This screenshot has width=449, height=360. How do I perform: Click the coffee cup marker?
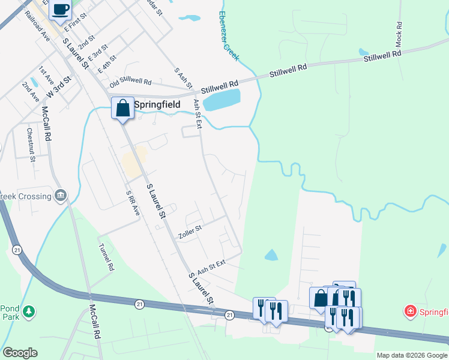pyautogui.click(x=61, y=10)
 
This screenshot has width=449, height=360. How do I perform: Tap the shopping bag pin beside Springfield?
pyautogui.click(x=122, y=109)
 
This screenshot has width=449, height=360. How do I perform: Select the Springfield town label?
pyautogui.click(x=157, y=104)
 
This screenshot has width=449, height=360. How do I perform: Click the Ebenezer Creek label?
pyautogui.click(x=229, y=36)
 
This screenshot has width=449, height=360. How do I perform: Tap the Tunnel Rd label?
pyautogui.click(x=106, y=257)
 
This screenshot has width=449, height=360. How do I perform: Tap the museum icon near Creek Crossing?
pyautogui.click(x=60, y=196)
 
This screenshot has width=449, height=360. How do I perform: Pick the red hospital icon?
pyautogui.click(x=410, y=311)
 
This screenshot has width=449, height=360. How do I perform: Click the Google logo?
pyautogui.click(x=20, y=352)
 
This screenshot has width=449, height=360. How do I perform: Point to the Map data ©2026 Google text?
pyautogui.click(x=412, y=355)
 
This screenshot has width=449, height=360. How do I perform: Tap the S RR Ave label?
pyautogui.click(x=133, y=203)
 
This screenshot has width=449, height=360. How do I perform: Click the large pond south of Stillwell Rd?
pyautogui.click(x=221, y=100)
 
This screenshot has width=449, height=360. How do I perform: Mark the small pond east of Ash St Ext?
pyautogui.click(x=271, y=255)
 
